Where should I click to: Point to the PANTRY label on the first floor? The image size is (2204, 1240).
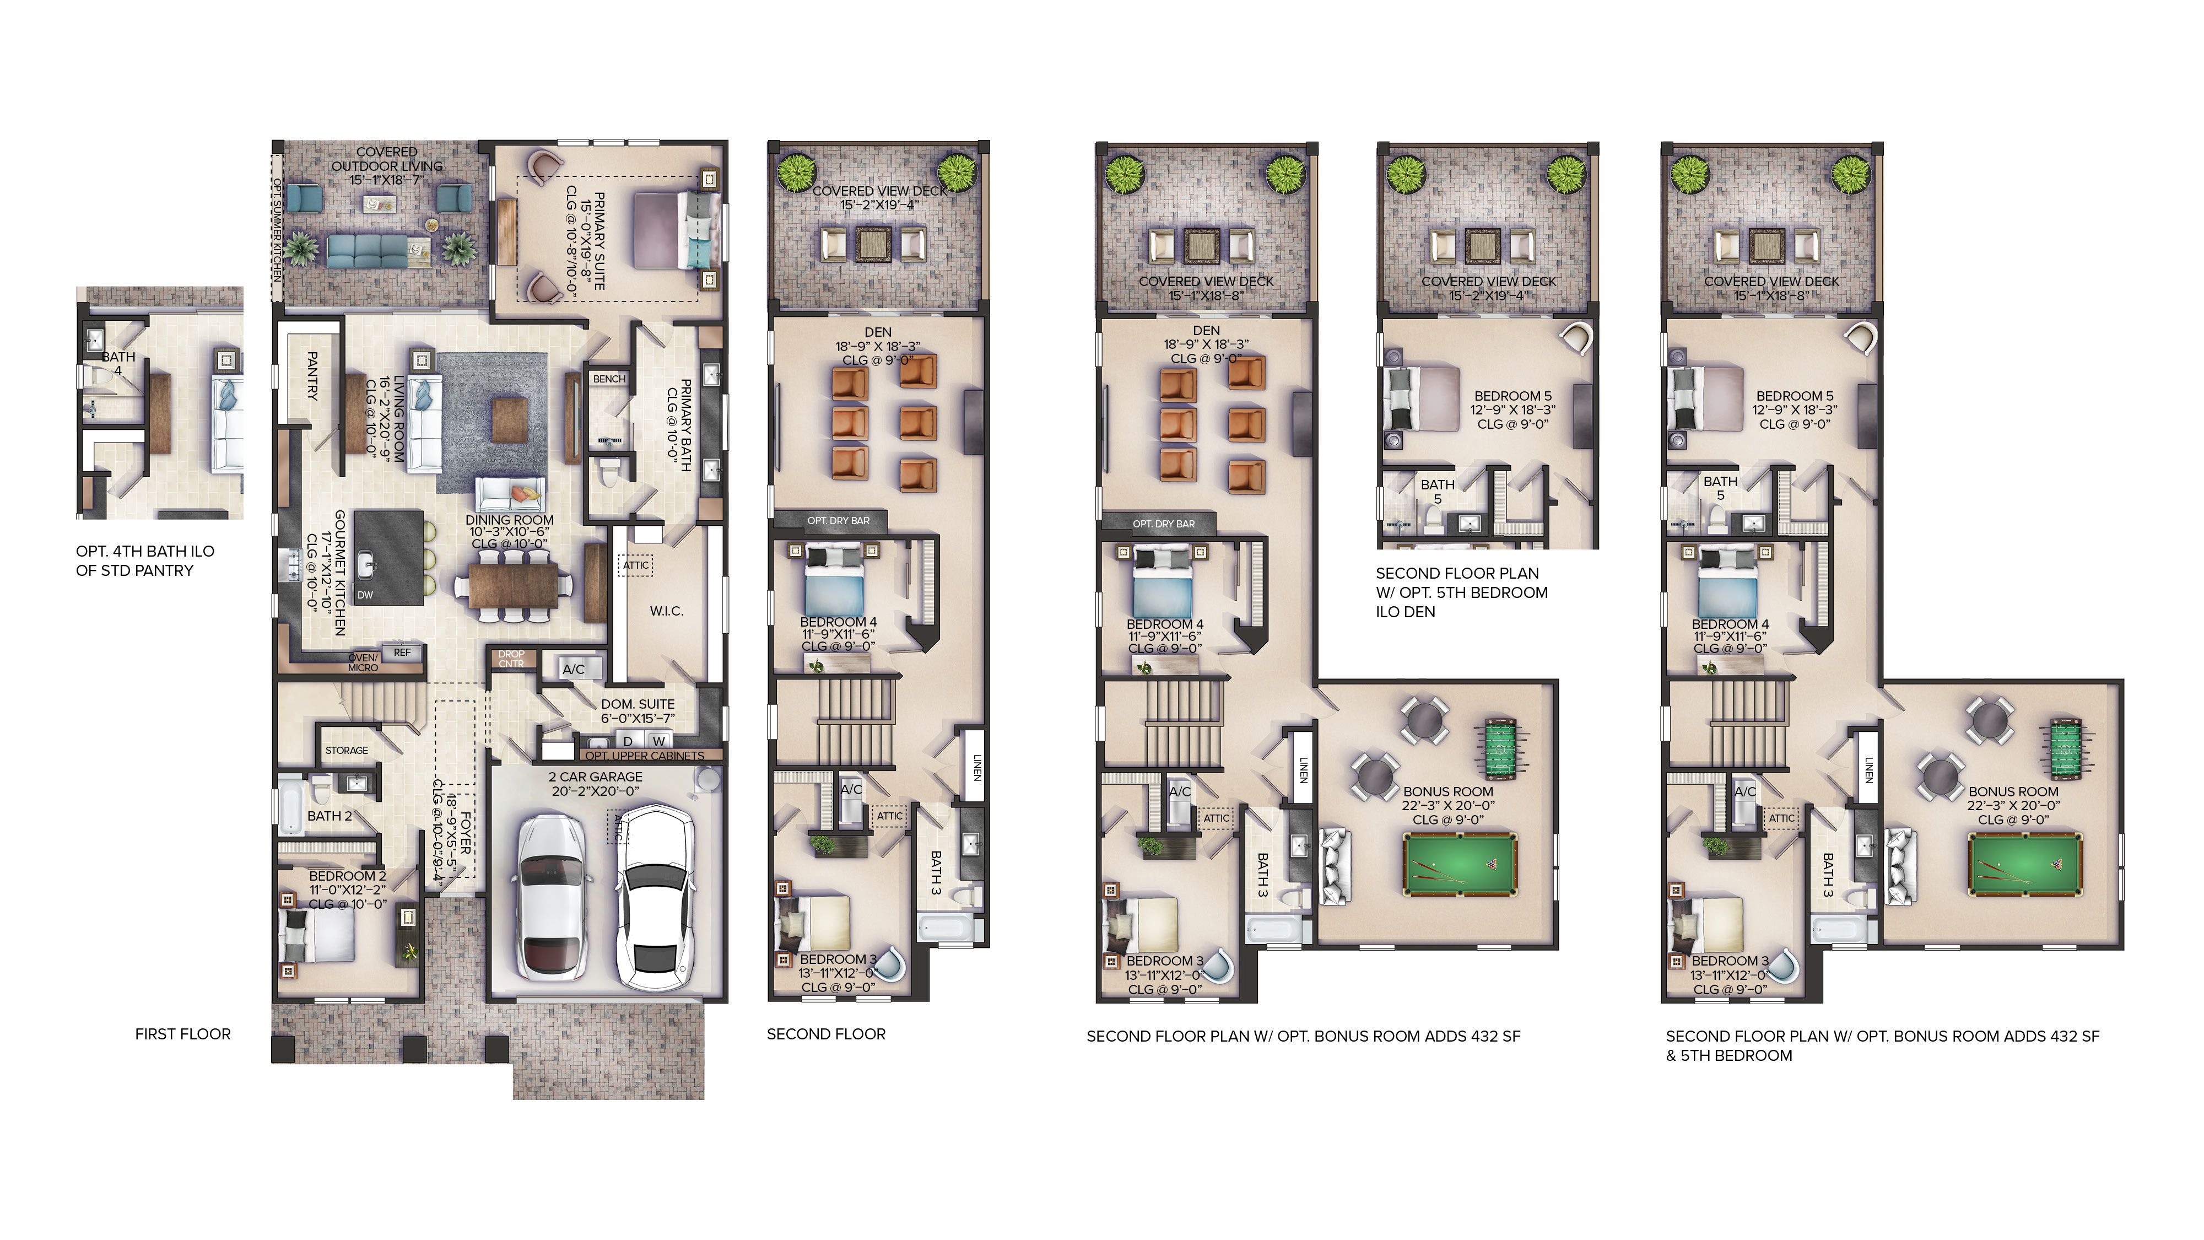[x=312, y=376]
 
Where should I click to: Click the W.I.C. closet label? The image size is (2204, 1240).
[x=667, y=611]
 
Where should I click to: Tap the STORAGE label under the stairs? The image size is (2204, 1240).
[x=347, y=751]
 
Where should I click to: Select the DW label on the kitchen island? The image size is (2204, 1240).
[x=365, y=595]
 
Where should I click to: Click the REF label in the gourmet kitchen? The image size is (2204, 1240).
[x=402, y=652]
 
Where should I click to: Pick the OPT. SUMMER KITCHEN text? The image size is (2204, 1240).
[x=277, y=229]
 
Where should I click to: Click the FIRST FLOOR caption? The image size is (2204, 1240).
[x=183, y=1034]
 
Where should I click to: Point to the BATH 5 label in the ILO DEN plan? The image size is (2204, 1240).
[x=1438, y=491]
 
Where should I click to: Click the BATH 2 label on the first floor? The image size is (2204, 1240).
[x=329, y=816]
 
